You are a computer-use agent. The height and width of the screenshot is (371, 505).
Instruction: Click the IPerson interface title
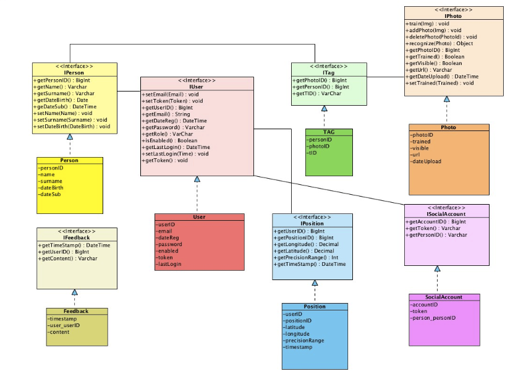74,73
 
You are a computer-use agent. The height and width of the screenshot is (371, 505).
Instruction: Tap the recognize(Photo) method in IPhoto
439,43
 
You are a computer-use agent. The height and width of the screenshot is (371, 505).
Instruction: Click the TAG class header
329,132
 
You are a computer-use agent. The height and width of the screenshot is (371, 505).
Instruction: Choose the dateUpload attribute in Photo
425,161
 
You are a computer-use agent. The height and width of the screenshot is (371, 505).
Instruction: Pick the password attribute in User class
169,244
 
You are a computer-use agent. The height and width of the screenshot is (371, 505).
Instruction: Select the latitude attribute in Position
294,327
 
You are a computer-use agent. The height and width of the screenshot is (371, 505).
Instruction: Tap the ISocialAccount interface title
446,214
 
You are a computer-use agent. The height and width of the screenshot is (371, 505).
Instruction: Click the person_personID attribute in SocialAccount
433,318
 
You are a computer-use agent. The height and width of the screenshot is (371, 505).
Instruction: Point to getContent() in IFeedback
67,258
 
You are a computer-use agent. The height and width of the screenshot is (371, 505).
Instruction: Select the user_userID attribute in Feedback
64,325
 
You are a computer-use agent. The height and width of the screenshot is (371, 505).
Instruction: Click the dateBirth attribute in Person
51,188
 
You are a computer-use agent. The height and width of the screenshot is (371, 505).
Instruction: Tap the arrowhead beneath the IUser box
197,179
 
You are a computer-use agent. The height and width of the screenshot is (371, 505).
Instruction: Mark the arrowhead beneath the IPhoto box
447,99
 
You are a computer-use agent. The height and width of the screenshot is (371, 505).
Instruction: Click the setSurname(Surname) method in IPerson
70,120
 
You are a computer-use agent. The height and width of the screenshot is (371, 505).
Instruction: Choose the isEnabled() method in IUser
169,140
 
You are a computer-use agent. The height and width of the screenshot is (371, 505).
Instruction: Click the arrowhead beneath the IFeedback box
74,292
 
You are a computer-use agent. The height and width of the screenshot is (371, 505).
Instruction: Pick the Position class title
315,307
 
